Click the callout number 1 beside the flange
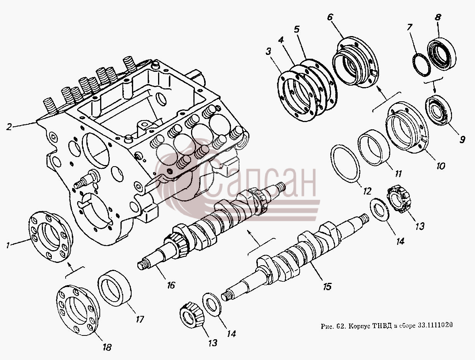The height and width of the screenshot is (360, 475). pos(8,245)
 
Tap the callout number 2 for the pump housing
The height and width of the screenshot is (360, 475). pos(9,127)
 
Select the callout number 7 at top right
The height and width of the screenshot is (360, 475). pos(409,28)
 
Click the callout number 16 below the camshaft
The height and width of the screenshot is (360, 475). pos(171,285)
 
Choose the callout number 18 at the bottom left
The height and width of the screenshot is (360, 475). pos(107,347)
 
